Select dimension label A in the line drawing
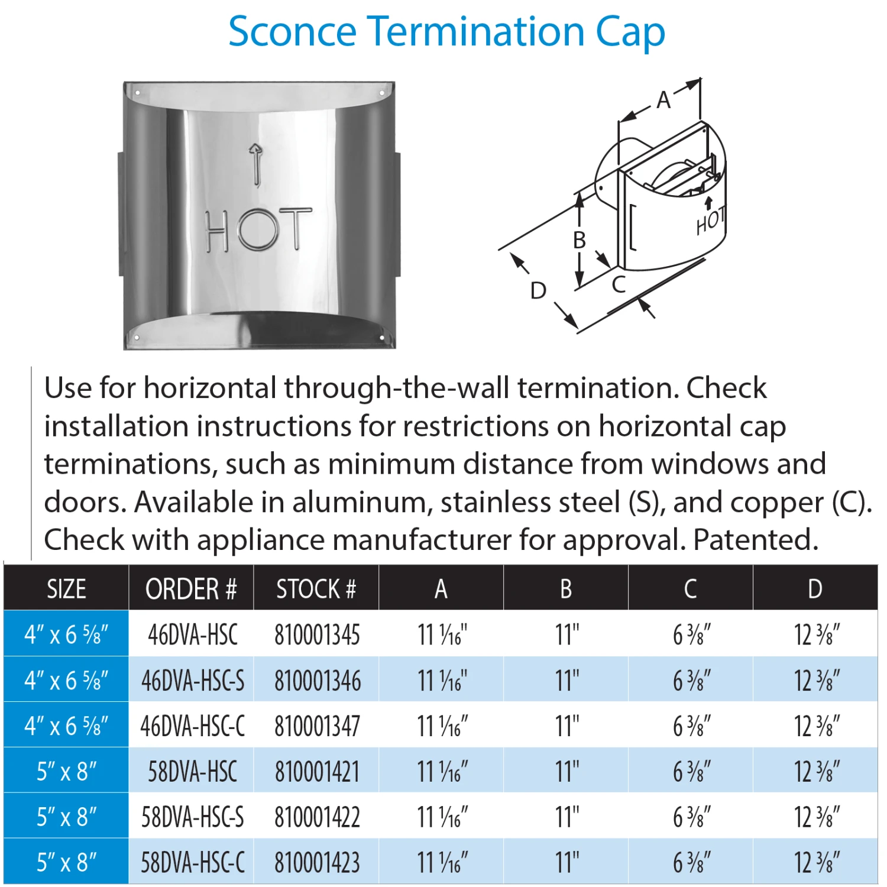[663, 100]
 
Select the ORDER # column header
[191, 589]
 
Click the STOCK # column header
[316, 589]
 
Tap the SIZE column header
[66, 589]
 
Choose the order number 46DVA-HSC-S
[192, 681]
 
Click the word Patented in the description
[755, 540]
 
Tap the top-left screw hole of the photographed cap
[137, 93]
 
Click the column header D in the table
[815, 589]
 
